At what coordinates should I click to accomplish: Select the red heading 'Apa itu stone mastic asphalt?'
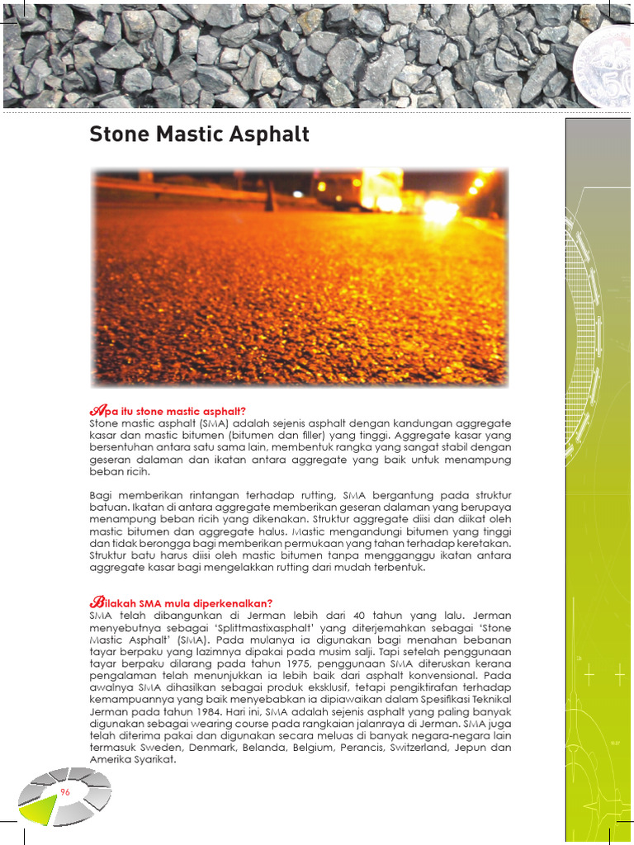(x=168, y=411)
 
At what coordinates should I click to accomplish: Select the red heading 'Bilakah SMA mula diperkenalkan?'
(x=181, y=602)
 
